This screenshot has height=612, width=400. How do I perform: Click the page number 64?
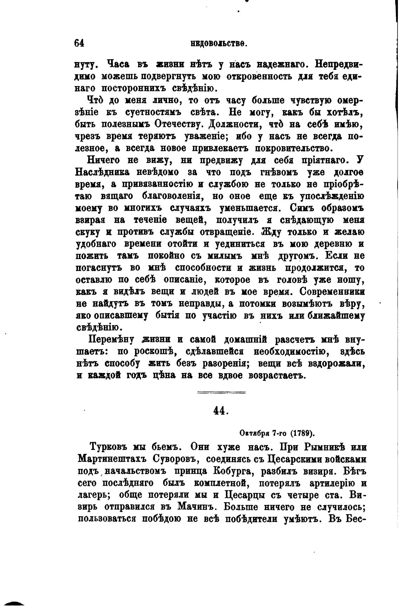click(79, 43)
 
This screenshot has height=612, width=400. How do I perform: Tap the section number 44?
click(221, 411)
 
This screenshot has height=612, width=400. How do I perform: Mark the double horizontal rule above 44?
click(221, 393)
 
